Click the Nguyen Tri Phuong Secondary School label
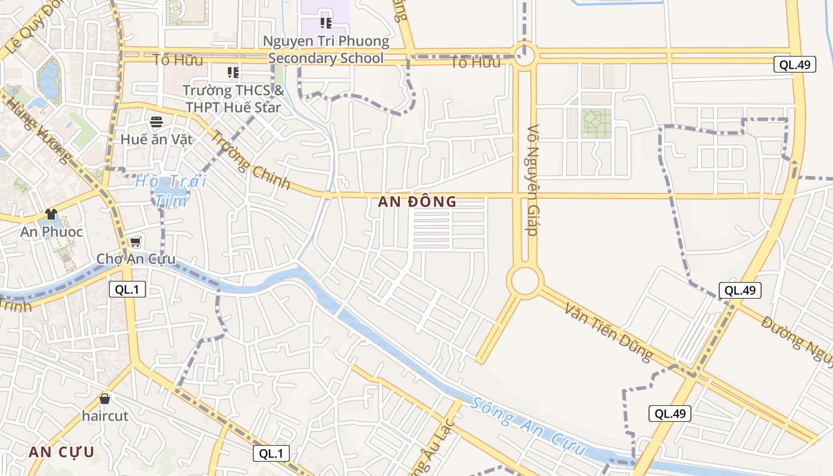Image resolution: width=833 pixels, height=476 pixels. coord(326,50)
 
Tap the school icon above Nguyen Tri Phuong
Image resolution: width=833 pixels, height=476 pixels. coord(325,23)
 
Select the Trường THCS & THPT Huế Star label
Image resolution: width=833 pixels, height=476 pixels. coord(233,99)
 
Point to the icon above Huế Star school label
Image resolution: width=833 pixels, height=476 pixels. coord(233,73)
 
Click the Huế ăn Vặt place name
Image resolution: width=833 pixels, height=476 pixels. coord(156,140)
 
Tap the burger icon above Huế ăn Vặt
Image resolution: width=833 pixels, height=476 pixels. coord(156,123)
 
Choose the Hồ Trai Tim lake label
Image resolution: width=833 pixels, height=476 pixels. coord(170,190)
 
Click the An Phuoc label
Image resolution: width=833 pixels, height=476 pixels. coord(51,231)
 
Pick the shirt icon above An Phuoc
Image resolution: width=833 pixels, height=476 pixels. coord(51,214)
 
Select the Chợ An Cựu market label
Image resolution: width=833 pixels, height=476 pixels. coord(136,259)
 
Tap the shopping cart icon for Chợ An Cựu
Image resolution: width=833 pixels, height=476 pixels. coord(136,242)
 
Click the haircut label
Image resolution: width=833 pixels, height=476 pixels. coord(105,416)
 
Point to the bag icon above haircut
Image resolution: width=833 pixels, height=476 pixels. coord(105,399)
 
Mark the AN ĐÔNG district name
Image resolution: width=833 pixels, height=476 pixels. coord(417,202)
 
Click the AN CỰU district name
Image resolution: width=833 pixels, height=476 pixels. coord(61,452)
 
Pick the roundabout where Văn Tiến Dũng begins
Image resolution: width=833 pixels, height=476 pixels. coord(525,281)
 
